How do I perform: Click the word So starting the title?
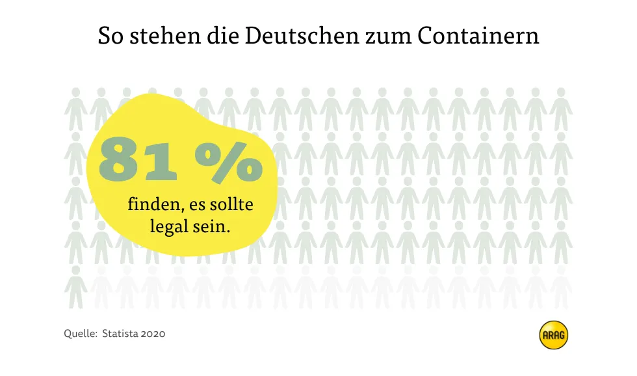coord(110,35)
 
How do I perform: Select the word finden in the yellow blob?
coord(155,206)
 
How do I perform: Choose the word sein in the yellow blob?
coord(214,227)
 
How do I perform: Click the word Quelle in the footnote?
coord(79,334)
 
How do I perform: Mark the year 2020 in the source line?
coord(154,334)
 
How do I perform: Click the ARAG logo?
coord(554,336)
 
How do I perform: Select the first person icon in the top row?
coord(76,109)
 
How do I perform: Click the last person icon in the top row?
coord(560,109)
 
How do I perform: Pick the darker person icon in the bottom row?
coord(76,287)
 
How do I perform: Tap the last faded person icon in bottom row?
coord(560,287)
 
